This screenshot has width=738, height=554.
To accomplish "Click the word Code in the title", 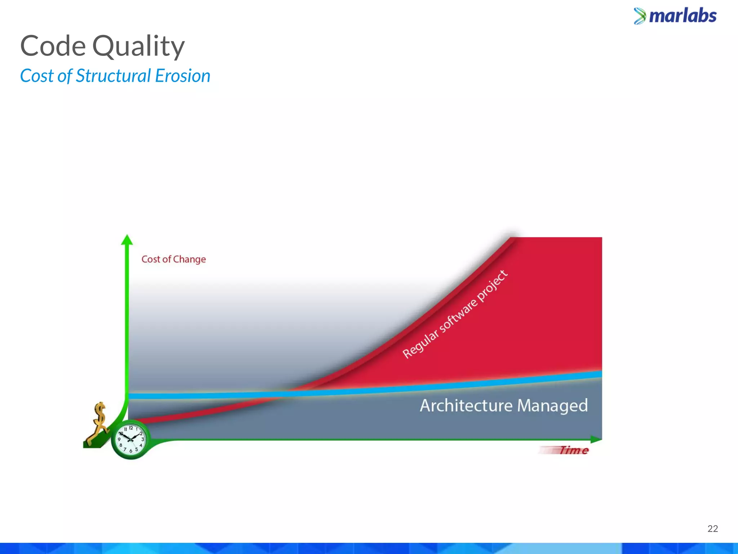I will (x=53, y=46).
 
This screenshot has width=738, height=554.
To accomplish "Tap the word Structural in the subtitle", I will (x=113, y=76).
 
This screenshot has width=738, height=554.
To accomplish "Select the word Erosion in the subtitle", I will (x=183, y=76).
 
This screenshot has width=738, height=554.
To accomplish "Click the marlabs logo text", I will (x=683, y=16).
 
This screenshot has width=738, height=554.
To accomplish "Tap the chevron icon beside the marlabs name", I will (x=640, y=16).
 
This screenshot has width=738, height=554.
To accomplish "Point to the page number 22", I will (x=712, y=529).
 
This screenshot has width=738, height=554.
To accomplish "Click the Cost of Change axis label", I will (x=173, y=259).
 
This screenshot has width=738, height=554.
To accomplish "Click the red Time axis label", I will (x=573, y=450).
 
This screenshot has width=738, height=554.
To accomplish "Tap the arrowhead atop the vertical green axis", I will (x=127, y=240).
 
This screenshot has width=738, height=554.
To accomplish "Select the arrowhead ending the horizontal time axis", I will (x=596, y=439).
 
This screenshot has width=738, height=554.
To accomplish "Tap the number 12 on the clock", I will (x=131, y=428).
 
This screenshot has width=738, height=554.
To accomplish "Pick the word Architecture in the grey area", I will (x=466, y=405).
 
